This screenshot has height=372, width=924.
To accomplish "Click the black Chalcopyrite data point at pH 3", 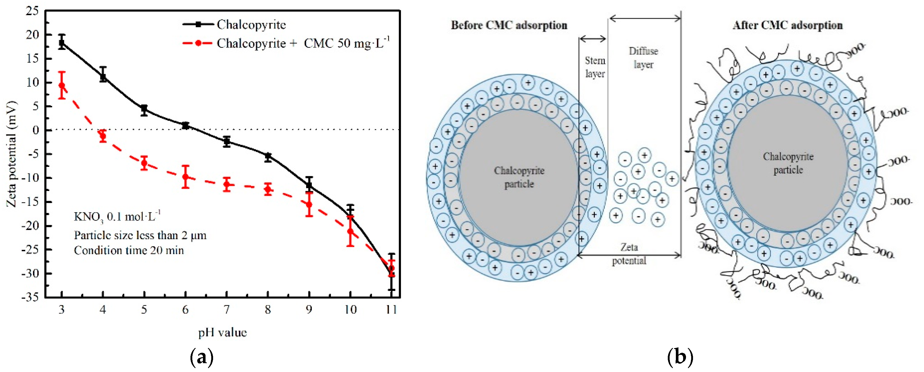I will click(62, 43).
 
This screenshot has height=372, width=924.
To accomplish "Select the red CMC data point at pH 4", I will click(103, 136).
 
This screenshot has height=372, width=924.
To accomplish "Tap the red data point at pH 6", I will click(186, 177).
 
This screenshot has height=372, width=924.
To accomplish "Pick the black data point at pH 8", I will click(268, 156).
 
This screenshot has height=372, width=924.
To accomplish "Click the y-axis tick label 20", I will click(32, 35).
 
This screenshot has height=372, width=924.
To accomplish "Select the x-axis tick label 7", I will click(226, 310).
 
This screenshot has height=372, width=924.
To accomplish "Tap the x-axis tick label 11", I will click(391, 310).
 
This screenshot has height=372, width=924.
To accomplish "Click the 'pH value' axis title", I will click(222, 332).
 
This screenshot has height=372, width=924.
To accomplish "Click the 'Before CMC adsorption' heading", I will click(509, 25).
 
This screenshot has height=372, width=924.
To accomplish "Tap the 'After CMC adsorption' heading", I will click(788, 25).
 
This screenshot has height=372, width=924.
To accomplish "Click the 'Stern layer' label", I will click(595, 67).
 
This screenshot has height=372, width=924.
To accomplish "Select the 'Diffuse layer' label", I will click(643, 58).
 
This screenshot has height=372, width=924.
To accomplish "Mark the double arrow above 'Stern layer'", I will click(592, 39).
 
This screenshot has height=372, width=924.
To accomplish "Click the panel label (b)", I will click(680, 357).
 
